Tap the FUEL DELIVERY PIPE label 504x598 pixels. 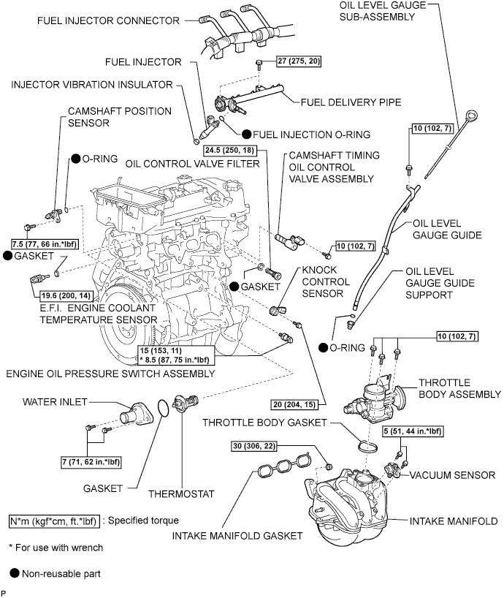click(343, 102)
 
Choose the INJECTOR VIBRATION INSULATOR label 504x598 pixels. click(91, 84)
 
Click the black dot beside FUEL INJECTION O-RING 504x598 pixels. click(248, 134)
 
